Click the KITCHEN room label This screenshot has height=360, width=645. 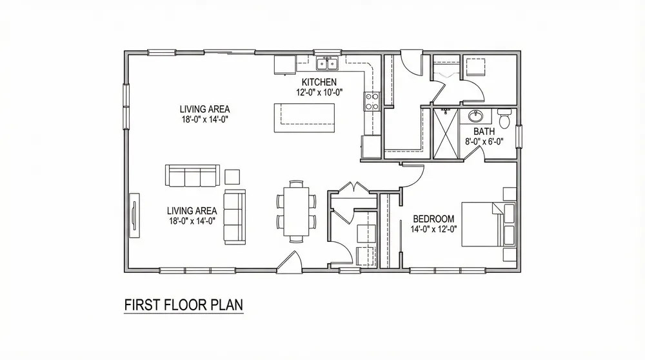319,82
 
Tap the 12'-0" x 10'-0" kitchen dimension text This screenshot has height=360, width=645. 319,92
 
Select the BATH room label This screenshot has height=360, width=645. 484,132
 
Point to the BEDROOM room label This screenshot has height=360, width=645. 433,218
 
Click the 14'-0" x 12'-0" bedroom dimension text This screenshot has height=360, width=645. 433,228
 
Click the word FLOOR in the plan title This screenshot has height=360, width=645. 179,305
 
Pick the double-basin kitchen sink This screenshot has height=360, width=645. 327,63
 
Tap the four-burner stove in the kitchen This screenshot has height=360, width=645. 372,100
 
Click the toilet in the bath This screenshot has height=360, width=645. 505,119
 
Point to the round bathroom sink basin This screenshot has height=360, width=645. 477,117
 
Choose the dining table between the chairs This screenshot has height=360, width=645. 297,210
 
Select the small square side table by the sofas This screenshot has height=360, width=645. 232,175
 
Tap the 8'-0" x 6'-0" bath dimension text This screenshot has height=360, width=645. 484,141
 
